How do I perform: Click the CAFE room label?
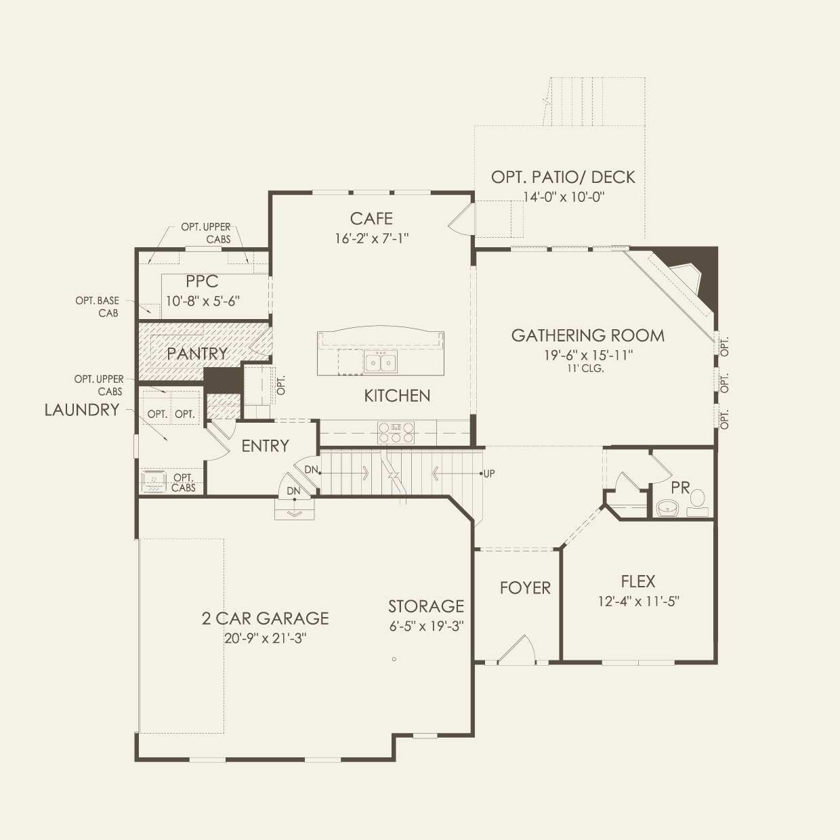coord(371,218)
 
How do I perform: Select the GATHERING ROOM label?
coord(587,335)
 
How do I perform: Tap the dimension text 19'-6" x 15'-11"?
coord(583,355)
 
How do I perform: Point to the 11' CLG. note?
coord(585,369)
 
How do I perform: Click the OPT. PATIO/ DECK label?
coord(563,177)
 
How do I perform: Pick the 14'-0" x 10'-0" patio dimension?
coord(563,197)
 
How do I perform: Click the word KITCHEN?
coord(397,396)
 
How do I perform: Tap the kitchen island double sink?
coord(380,362)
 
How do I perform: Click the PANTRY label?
coord(197,353)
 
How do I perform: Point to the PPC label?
coord(202,282)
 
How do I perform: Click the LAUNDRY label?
coord(82,410)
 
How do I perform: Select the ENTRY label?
coord(265,446)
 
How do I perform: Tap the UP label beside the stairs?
coord(489,474)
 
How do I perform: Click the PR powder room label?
coord(680,488)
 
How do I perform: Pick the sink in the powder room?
coord(668,508)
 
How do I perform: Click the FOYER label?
coord(525,588)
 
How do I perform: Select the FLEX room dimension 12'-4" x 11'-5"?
coord(638,601)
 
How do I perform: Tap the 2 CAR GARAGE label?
coord(265,618)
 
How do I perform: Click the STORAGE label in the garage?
coord(426,606)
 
